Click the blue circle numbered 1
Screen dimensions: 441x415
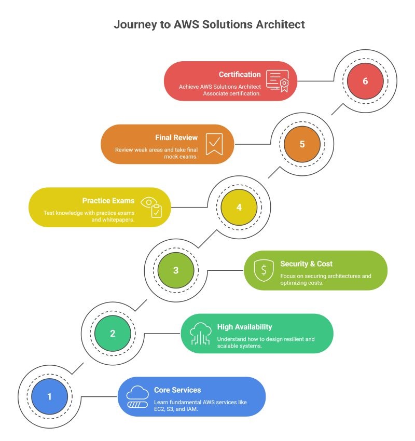coord(49,397)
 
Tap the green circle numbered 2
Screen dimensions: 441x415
coord(113,334)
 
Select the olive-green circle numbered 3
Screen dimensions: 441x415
coord(176,270)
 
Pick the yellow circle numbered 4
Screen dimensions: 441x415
coord(239,207)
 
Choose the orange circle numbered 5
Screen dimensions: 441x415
coord(302,144)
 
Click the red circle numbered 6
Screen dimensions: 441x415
coord(365,81)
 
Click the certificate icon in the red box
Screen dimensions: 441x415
coord(278,80)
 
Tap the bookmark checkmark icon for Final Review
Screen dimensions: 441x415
coord(214,144)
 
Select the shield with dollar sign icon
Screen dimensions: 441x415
coord(264,270)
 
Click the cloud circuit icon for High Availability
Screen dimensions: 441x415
coord(200,334)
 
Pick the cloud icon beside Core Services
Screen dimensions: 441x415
coord(137,397)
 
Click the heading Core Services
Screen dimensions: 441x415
coord(177,390)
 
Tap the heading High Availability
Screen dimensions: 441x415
coord(244,327)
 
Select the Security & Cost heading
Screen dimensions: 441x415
coord(306,264)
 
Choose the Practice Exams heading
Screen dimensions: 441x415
coord(108,200)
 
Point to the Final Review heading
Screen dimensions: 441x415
coord(176,137)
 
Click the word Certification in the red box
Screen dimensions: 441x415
coord(240,74)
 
